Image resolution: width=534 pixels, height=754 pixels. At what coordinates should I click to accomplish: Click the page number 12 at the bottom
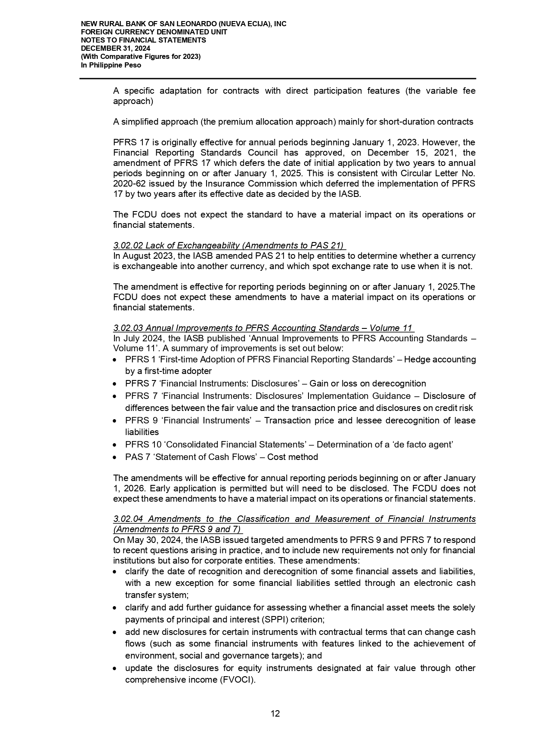click(275, 714)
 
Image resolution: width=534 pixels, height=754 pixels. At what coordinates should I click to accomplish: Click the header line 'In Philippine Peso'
click(111, 65)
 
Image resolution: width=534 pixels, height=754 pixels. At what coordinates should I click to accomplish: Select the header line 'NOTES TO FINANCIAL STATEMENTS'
click(143, 40)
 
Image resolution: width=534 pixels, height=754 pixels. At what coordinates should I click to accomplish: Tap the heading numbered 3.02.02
click(228, 245)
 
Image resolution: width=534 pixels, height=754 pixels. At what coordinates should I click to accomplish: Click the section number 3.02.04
click(128, 519)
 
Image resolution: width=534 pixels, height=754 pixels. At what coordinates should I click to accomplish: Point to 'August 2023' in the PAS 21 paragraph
click(144, 256)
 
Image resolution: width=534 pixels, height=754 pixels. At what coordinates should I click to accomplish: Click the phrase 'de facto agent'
click(423, 444)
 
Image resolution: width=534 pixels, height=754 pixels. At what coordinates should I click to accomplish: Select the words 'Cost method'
click(293, 457)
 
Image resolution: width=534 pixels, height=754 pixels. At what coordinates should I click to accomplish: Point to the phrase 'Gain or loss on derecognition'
click(367, 383)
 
